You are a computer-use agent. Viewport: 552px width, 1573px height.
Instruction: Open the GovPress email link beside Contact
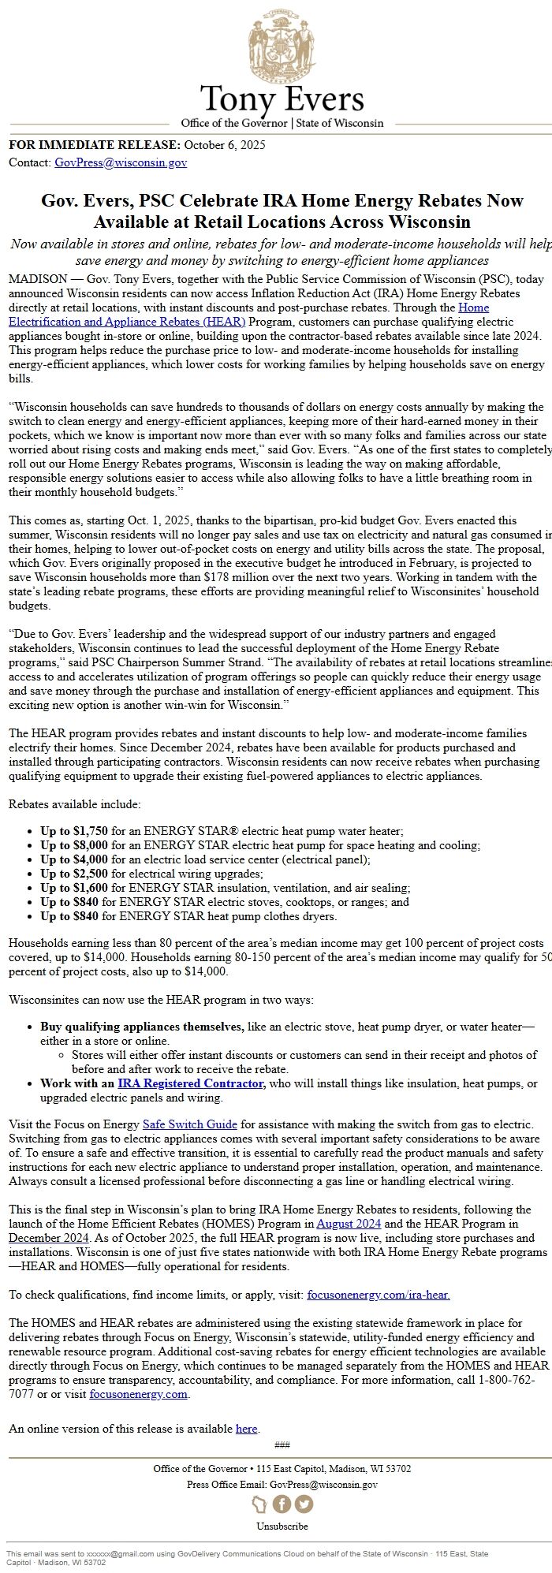[x=121, y=162]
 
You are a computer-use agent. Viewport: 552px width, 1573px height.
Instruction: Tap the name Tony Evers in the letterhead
[x=282, y=100]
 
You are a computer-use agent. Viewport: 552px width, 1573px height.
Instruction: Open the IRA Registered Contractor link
[x=190, y=1083]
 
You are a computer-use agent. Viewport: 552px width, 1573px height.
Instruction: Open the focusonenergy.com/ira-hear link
[x=379, y=1295]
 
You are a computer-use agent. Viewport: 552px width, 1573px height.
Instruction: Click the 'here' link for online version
[x=246, y=1407]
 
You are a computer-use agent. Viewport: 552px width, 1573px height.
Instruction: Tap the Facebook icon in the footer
[x=282, y=1504]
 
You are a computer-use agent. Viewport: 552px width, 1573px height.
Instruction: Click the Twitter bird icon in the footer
[x=304, y=1504]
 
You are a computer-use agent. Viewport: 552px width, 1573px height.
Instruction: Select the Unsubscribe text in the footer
[x=282, y=1526]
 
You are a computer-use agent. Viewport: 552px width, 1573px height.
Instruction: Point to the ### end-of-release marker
[x=282, y=1423]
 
